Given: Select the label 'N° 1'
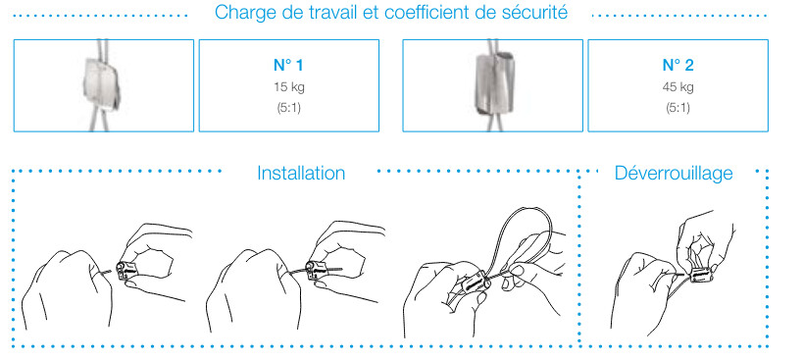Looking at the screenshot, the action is click(x=288, y=65).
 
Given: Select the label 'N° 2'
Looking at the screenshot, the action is click(x=678, y=65).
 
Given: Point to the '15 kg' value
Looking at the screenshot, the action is click(x=289, y=87).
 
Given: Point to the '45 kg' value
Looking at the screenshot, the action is click(x=678, y=87).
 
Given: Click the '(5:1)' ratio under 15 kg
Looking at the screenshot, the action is click(x=289, y=109).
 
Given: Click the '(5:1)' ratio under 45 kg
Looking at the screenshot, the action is click(x=678, y=109).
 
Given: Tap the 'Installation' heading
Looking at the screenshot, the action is click(x=301, y=173).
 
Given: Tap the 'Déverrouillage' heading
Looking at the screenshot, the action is click(x=674, y=173).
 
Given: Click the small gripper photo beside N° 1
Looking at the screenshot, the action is click(x=101, y=84).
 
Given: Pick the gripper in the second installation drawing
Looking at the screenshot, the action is click(x=315, y=270).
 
